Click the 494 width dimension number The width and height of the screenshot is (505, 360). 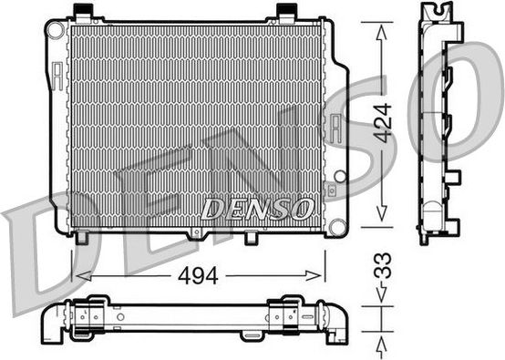[199, 275]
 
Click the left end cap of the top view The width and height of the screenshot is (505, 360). [52, 320]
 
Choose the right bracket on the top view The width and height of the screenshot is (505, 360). [294, 313]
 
